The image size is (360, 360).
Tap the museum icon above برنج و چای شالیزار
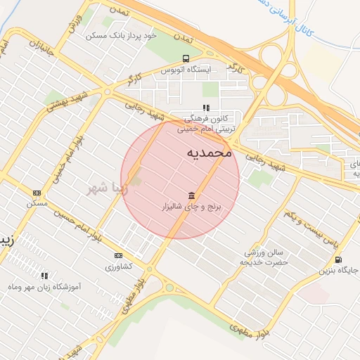coord(191,195)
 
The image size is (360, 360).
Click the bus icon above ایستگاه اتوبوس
coord(186,58)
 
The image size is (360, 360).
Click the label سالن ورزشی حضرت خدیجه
coord(264,257)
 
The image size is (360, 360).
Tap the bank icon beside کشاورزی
coord(118,255)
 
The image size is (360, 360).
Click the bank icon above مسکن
coord(37,193)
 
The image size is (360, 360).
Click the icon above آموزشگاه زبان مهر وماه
coord(45,276)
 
